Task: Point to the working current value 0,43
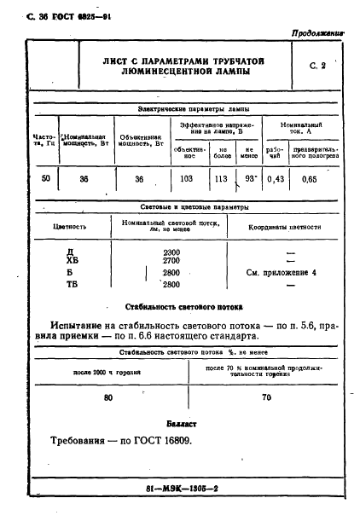pyautogui.click(x=275, y=180)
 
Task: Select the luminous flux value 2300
pyautogui.click(x=171, y=253)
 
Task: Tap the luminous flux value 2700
pyautogui.click(x=171, y=262)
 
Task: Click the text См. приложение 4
pyautogui.click(x=281, y=273)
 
